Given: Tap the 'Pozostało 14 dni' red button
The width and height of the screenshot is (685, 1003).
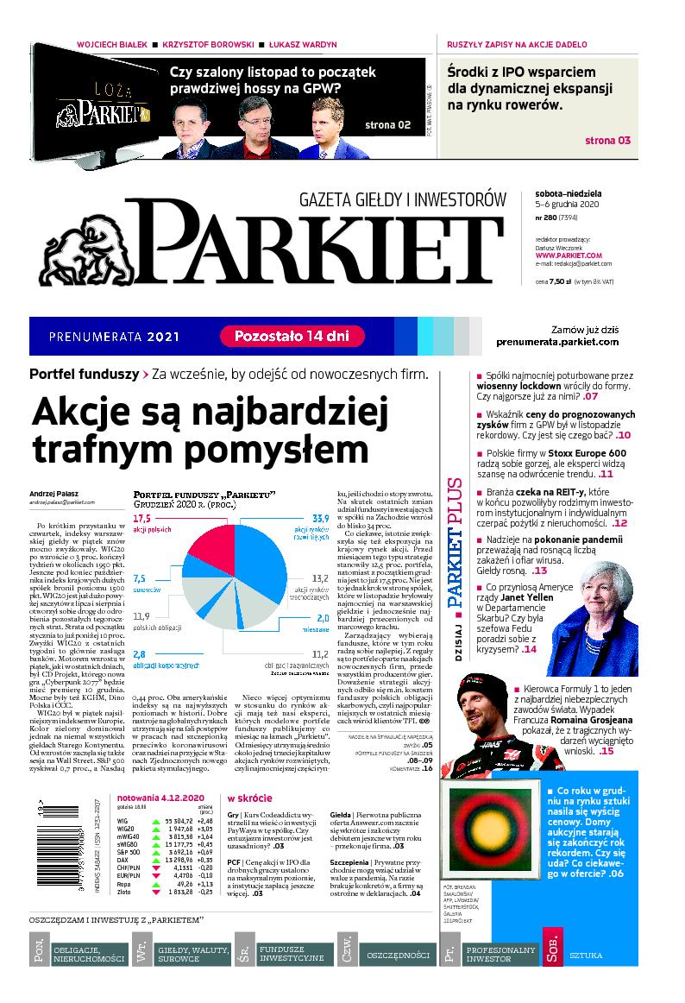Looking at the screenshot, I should [x=292, y=336].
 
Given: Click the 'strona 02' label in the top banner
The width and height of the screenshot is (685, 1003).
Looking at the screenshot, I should [x=388, y=125].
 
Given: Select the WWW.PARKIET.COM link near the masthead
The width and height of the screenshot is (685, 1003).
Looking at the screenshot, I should [x=569, y=255].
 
